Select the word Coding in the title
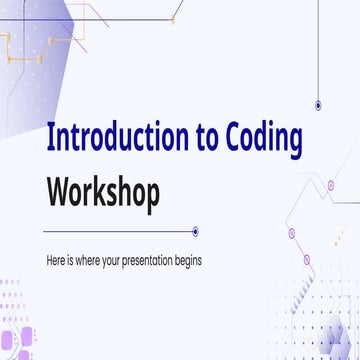(260, 142)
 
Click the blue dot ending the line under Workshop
(195, 231)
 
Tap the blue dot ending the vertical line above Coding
(318, 104)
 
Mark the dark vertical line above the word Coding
(318, 50)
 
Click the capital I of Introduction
(51, 140)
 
